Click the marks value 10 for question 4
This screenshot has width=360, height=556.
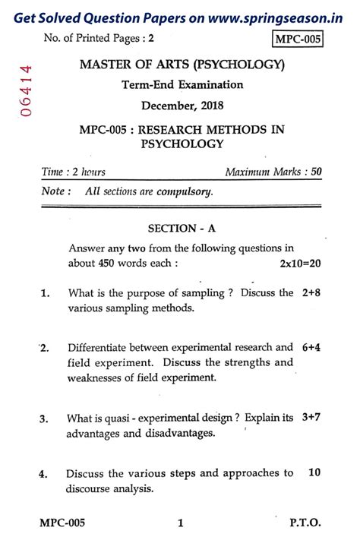click(x=314, y=472)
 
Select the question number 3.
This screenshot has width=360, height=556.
click(x=44, y=419)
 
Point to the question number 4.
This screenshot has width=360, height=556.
click(x=44, y=474)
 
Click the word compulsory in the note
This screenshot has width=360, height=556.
click(x=185, y=192)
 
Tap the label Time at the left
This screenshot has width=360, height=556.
click(x=53, y=172)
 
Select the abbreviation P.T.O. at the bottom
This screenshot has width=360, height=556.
click(x=305, y=523)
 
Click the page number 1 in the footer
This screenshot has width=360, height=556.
click(x=181, y=523)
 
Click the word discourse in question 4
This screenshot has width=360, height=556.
click(x=93, y=488)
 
